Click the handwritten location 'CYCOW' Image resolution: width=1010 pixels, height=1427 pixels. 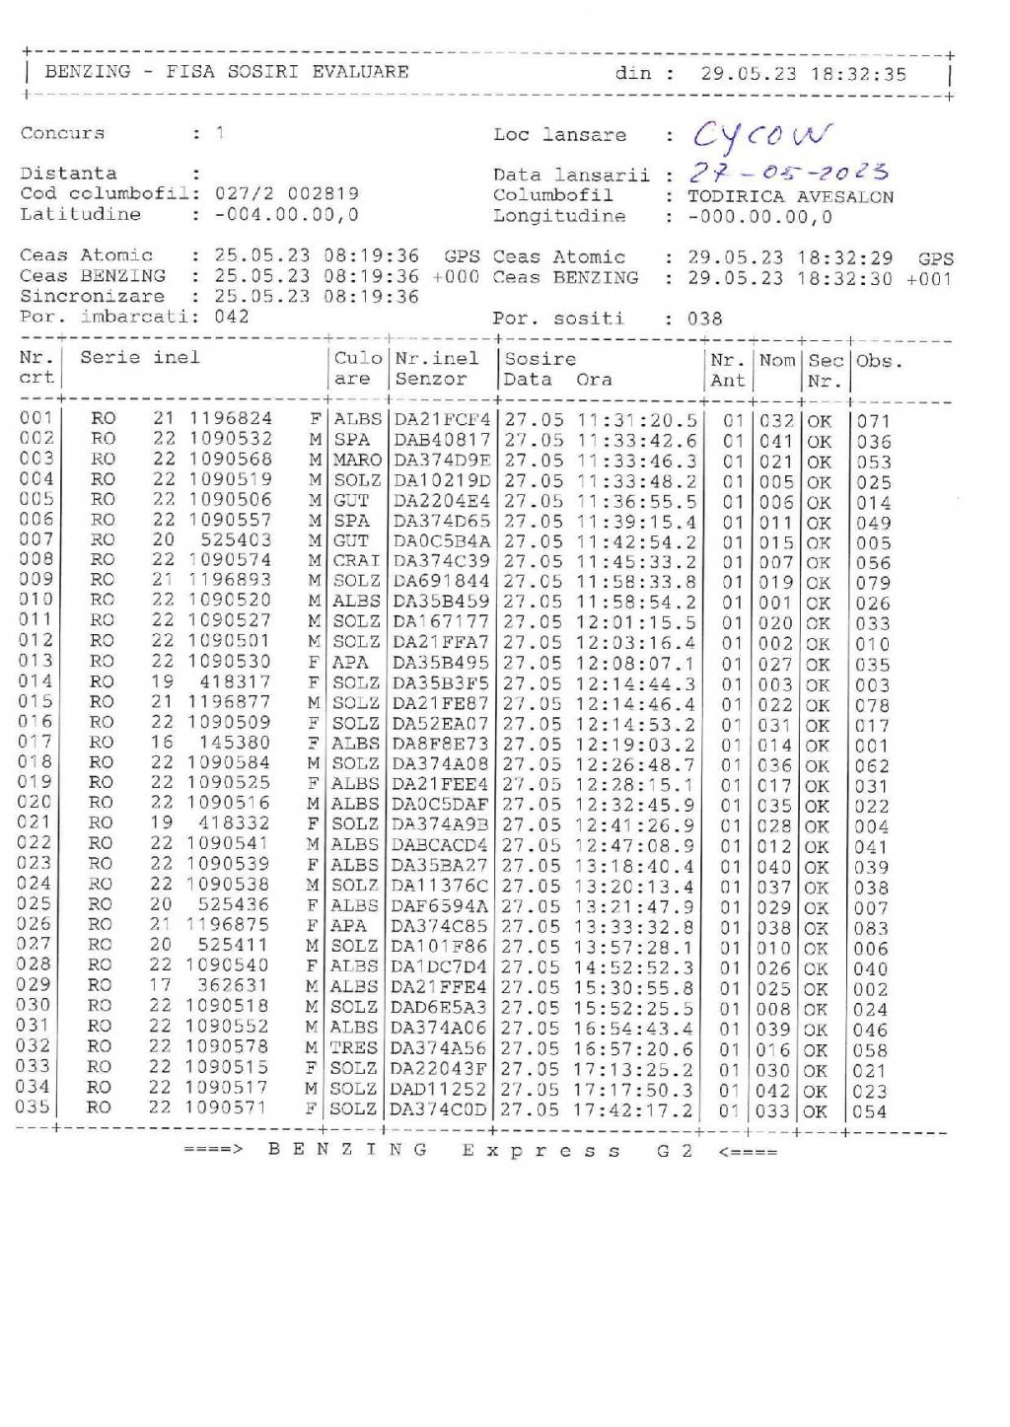point(761,135)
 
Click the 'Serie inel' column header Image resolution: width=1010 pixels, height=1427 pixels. point(140,358)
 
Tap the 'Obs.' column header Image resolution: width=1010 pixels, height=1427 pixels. point(878,360)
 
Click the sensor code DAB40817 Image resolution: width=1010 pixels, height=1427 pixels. point(441,440)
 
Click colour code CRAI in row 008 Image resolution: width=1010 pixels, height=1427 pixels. point(356,561)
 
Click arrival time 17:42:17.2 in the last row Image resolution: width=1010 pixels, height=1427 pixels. point(633,1109)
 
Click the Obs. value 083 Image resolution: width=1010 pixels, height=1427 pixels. point(871,928)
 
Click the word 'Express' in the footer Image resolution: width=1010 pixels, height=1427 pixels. point(541,1151)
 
